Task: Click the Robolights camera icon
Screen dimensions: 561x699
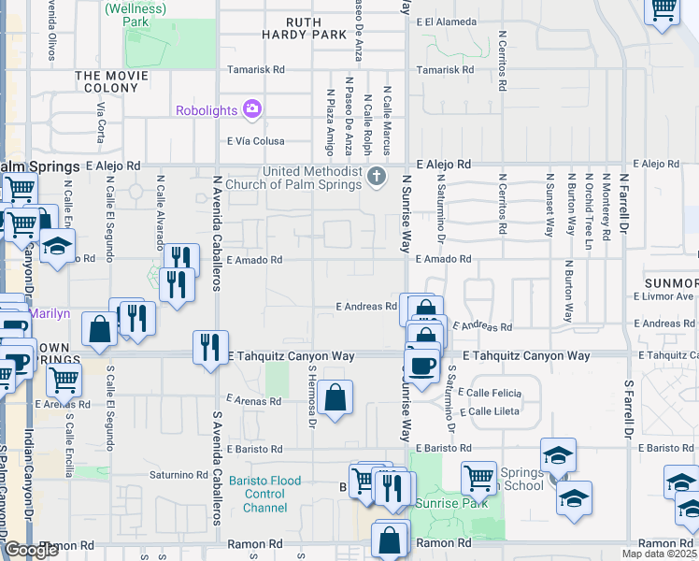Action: point(251,110)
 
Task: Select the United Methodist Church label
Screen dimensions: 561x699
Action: point(311,178)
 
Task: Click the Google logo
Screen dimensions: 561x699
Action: point(30,550)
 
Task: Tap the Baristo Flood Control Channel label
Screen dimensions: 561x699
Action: point(271,494)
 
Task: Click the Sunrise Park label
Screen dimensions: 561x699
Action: point(462,502)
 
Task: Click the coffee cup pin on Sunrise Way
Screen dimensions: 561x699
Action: point(423,364)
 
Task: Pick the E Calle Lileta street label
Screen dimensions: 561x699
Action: point(492,411)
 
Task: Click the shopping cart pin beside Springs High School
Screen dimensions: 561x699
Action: point(478,478)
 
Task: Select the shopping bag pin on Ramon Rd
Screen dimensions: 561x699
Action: point(389,540)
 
